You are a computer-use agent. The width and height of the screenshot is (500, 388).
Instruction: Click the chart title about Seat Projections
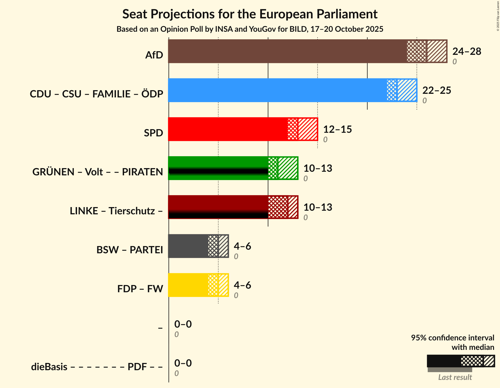250,14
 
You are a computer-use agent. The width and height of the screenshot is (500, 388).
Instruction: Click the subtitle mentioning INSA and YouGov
250,29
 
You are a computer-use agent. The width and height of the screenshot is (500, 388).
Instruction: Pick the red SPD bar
228,129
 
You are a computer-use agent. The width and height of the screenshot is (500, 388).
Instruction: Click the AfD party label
154,55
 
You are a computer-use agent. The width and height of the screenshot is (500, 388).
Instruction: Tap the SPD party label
153,133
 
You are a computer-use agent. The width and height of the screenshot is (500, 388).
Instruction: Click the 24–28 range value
467,51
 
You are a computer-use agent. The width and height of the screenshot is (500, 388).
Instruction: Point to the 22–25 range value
437,90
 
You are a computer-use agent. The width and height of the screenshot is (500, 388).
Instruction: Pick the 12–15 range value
337,129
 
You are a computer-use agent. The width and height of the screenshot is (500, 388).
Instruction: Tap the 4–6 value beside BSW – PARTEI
242,246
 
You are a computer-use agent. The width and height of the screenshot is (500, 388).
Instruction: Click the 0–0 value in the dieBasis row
183,363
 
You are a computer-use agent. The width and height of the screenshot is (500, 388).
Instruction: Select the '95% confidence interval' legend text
452,338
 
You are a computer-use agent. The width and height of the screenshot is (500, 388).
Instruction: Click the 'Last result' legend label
455,377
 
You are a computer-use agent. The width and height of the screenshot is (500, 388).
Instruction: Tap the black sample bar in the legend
444,361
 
